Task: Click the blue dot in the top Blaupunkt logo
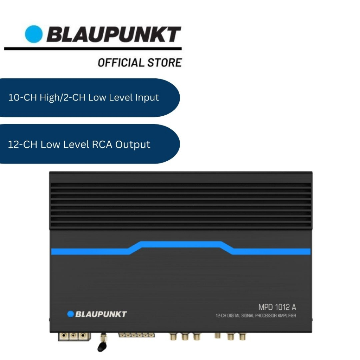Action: click(x=34, y=34)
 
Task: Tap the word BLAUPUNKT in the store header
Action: click(x=114, y=35)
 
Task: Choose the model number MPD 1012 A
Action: click(x=277, y=307)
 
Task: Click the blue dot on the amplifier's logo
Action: click(x=71, y=314)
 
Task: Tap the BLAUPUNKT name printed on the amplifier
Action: click(x=101, y=314)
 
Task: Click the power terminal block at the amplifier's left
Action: click(x=73, y=336)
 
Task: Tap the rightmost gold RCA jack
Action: click(x=242, y=337)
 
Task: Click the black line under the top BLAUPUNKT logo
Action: click(x=93, y=49)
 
